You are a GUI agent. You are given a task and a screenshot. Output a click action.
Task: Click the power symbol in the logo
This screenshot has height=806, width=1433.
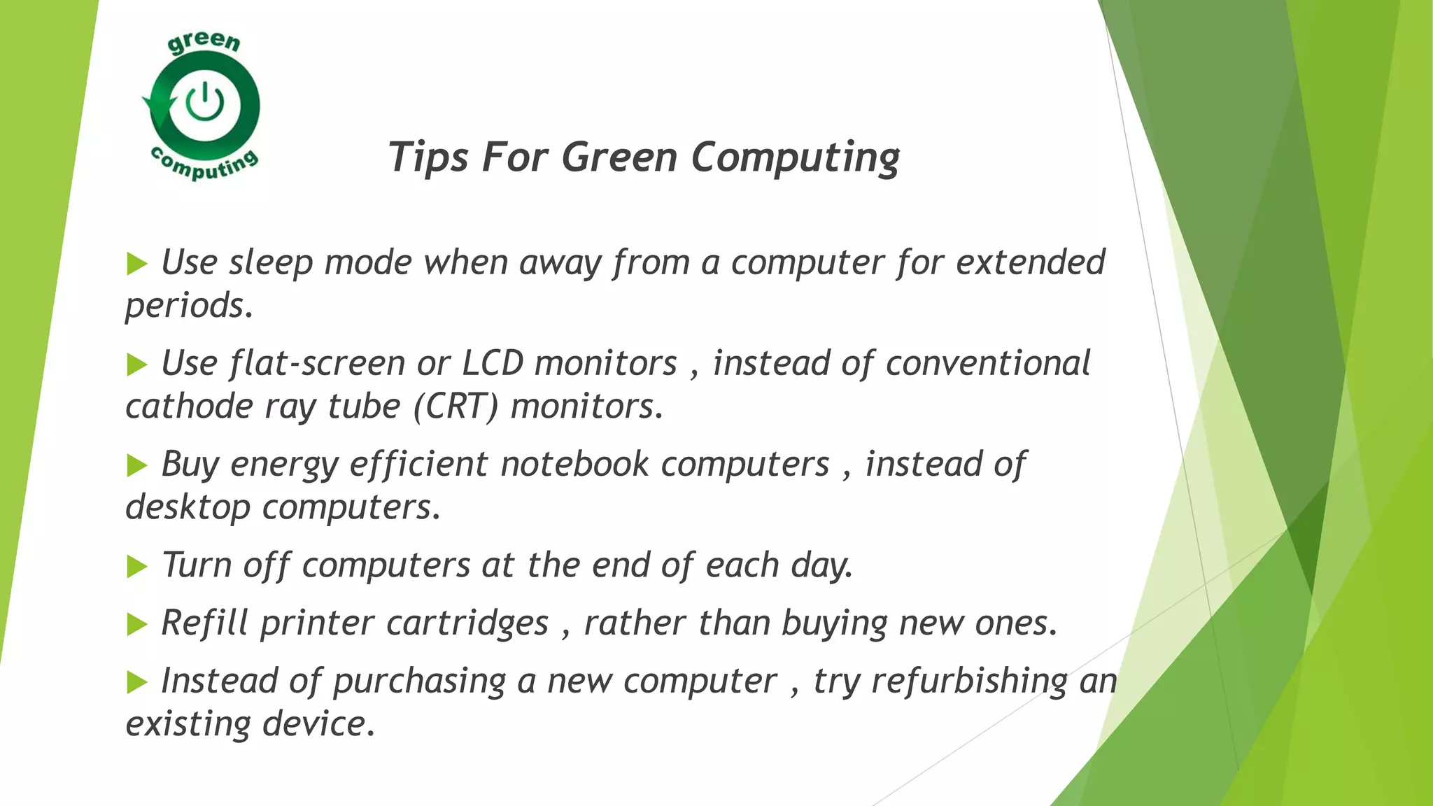[204, 103]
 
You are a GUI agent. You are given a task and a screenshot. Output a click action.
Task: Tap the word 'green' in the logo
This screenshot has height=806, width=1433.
[204, 43]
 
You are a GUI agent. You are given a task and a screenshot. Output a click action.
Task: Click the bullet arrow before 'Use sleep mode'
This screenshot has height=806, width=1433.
[137, 264]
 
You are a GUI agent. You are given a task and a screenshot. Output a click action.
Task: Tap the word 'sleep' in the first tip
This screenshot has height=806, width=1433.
[271, 263]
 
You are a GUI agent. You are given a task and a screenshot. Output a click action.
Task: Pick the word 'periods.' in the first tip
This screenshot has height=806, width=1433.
[189, 306]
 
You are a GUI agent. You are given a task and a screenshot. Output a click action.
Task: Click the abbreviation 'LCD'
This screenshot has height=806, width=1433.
[493, 364]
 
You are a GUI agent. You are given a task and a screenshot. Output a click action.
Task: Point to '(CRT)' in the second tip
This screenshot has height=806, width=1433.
[456, 406]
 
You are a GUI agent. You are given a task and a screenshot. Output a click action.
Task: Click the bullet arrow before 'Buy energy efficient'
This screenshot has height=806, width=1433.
[137, 465]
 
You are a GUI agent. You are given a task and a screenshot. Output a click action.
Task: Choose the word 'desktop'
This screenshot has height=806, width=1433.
[188, 507]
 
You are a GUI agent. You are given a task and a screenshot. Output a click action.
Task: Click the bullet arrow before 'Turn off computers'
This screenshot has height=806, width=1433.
[137, 566]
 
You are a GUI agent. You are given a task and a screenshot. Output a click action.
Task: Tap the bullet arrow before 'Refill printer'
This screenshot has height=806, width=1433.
[137, 624]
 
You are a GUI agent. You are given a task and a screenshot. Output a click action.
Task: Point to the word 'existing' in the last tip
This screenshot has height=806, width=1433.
[188, 724]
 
